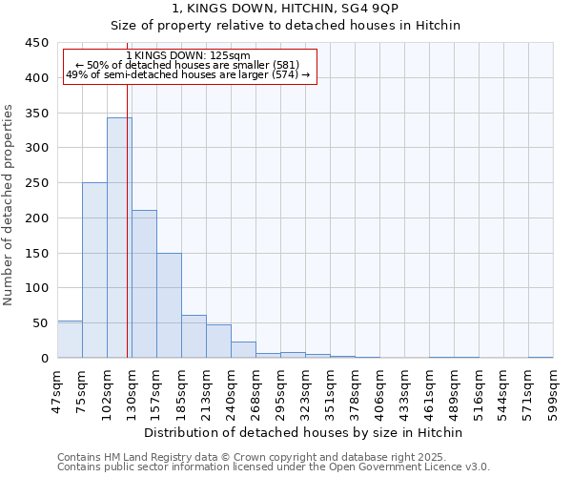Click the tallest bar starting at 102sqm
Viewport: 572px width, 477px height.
coord(119,238)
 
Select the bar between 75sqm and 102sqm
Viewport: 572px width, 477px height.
coord(94,270)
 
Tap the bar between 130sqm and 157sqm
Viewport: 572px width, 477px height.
coord(144,283)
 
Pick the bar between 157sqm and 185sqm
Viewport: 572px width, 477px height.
coord(169,305)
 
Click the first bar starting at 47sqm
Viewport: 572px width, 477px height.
coord(70,340)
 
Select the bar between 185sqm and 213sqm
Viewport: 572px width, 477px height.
coord(194,337)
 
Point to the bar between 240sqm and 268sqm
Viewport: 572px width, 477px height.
coord(243,350)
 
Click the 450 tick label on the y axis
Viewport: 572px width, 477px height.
coord(37,43)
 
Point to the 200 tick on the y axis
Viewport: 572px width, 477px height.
coord(37,218)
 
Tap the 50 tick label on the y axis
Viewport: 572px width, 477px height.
coord(41,323)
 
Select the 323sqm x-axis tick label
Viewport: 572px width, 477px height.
coord(306,391)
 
